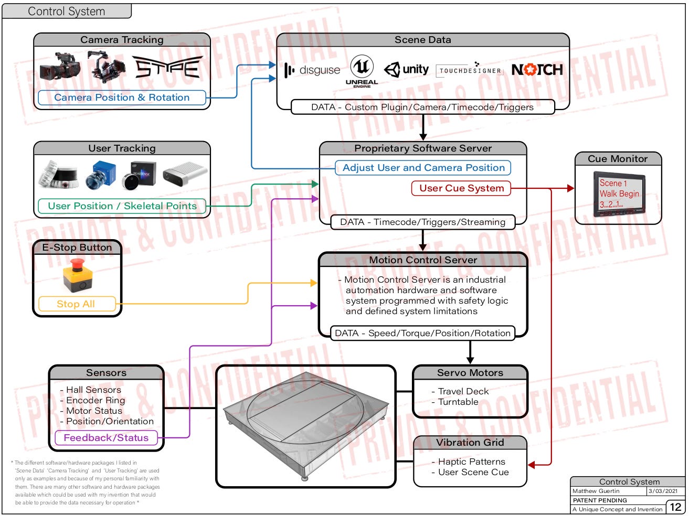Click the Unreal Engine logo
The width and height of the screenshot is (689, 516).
pyautogui.click(x=362, y=70)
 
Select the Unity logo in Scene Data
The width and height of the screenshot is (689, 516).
pyautogui.click(x=407, y=70)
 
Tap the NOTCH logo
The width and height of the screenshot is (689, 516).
pyautogui.click(x=537, y=70)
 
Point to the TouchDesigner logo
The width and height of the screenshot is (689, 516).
pyautogui.click(x=470, y=70)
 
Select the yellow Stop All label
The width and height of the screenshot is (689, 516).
pyautogui.click(x=76, y=304)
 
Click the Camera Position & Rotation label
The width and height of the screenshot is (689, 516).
pyautogui.click(x=122, y=98)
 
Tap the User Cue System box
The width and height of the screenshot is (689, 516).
pyautogui.click(x=461, y=188)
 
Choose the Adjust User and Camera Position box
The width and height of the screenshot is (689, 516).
pyautogui.click(x=423, y=168)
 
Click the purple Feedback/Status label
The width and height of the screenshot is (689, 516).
pyautogui.click(x=106, y=438)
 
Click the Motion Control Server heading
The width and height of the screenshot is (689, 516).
pyautogui.click(x=423, y=260)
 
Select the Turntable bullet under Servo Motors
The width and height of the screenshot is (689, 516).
pyautogui.click(x=458, y=402)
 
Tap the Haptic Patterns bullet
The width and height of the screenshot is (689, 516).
pyautogui.click(x=471, y=462)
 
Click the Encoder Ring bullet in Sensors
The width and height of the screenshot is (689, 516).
pyautogui.click(x=96, y=401)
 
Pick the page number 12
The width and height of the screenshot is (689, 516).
pyautogui.click(x=675, y=507)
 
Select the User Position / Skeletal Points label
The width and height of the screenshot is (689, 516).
pyautogui.click(x=122, y=206)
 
